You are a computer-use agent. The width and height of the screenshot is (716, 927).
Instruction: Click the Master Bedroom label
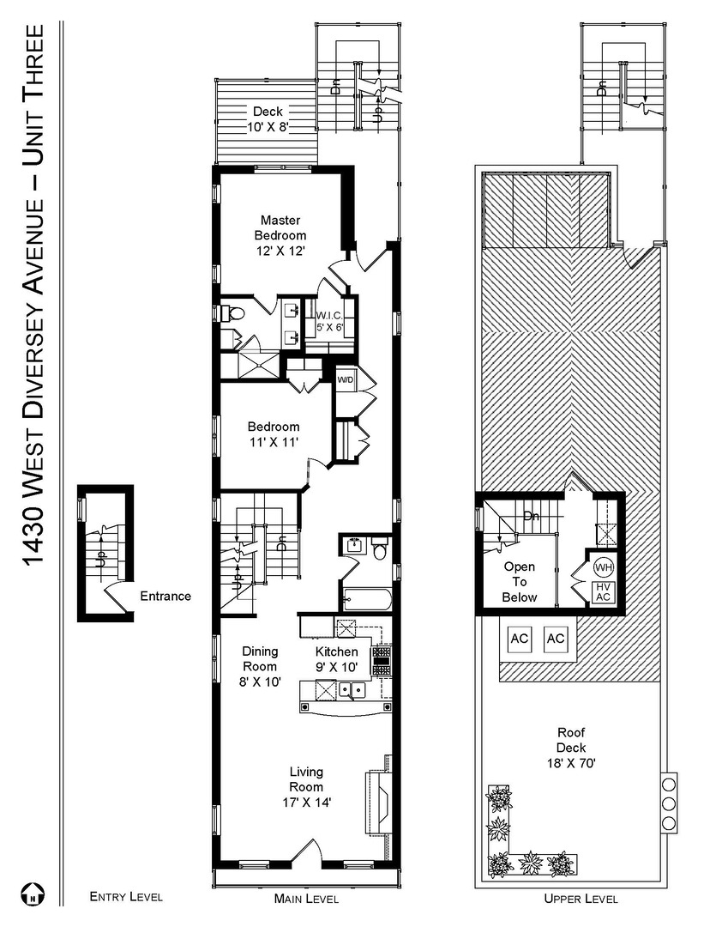click(x=280, y=235)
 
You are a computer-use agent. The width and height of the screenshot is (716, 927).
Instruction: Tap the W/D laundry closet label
click(x=346, y=379)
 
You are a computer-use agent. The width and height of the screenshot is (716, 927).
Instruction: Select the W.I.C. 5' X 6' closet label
click(x=329, y=321)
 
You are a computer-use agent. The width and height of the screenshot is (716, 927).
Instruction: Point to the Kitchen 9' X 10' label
click(x=337, y=659)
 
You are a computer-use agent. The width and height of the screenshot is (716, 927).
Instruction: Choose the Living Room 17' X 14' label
click(x=306, y=787)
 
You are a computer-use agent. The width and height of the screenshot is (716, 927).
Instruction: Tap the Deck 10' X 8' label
click(x=268, y=118)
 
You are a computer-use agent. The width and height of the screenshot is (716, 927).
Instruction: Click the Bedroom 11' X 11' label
click(x=274, y=434)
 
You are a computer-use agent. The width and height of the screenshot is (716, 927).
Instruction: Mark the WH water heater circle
click(x=604, y=567)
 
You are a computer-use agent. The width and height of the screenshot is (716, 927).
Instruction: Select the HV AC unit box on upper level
click(x=603, y=591)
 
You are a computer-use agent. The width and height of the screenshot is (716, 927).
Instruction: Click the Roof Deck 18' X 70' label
click(x=571, y=748)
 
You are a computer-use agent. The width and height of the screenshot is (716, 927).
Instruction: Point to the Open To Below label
click(x=520, y=582)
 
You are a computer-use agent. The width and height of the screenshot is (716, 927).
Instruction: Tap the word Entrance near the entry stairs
click(x=165, y=596)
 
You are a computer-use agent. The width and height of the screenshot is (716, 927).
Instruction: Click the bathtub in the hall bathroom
click(x=367, y=599)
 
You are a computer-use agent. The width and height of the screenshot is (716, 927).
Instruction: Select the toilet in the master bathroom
click(x=231, y=312)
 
